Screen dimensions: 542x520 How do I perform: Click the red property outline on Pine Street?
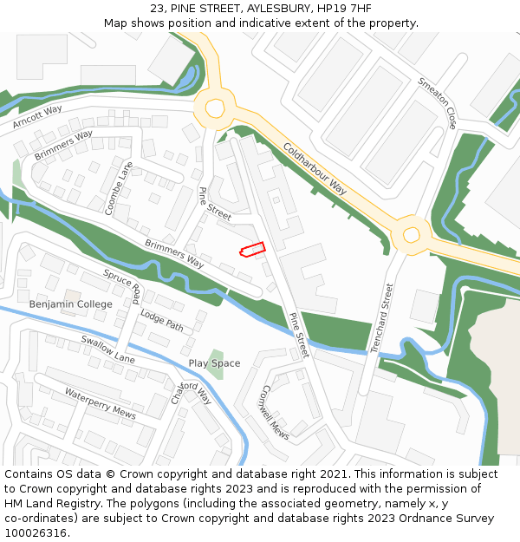[251, 250]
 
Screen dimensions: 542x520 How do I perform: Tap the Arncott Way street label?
[38, 117]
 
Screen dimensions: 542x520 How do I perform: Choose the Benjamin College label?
[70, 304]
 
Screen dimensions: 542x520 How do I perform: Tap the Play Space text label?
[214, 363]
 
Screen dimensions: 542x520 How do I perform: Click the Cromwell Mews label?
[276, 412]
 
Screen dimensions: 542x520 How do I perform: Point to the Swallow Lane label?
[108, 349]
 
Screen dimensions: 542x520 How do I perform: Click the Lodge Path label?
[162, 321]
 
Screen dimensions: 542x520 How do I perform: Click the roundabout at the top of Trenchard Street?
[411, 233]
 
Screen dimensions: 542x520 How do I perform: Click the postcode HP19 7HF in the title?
[341, 8]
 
